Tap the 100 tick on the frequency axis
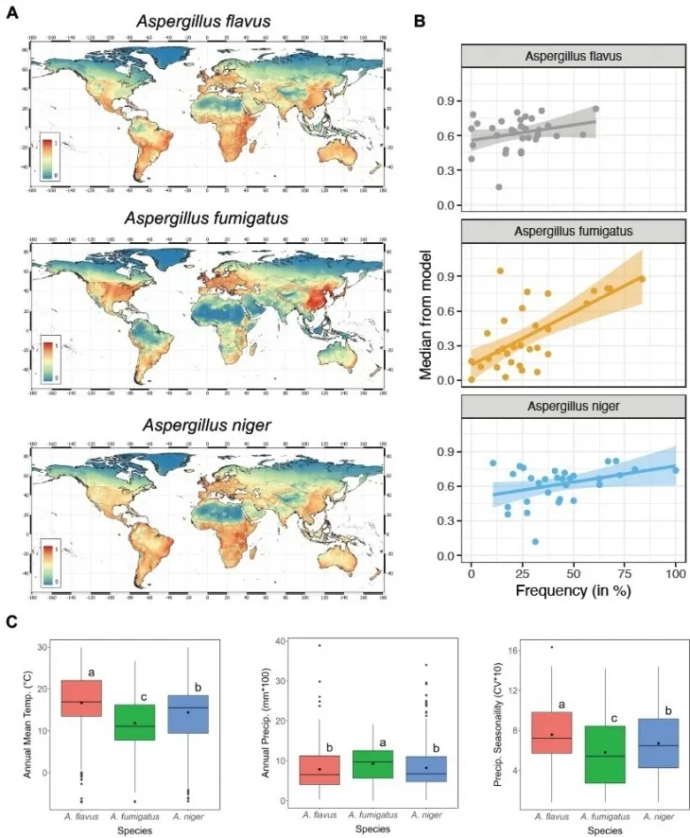click(676, 574)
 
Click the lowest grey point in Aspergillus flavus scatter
click(498, 186)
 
